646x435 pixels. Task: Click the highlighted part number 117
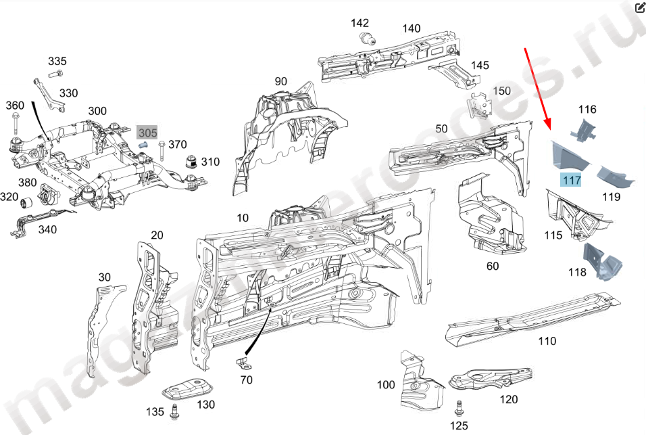pyautogui.click(x=571, y=180)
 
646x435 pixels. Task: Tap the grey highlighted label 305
pyautogui.click(x=147, y=133)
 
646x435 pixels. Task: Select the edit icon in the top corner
pyautogui.click(x=639, y=8)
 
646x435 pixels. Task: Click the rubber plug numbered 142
pyautogui.click(x=368, y=38)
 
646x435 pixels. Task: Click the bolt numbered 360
pyautogui.click(x=15, y=127)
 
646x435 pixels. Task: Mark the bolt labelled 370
pyautogui.click(x=161, y=149)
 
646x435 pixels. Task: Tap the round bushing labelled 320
pyautogui.click(x=28, y=202)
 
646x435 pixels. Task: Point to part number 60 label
pyautogui.click(x=493, y=267)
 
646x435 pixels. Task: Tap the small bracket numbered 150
pyautogui.click(x=480, y=106)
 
